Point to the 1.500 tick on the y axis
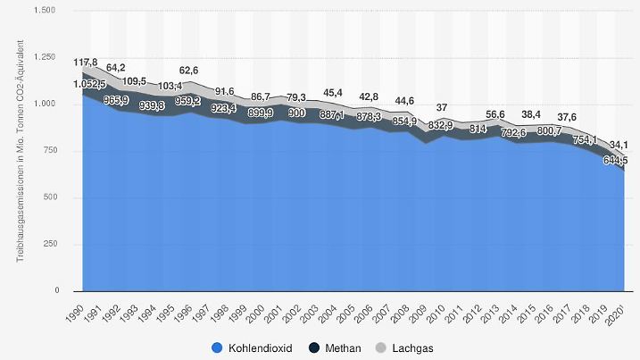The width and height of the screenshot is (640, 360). click(44, 11)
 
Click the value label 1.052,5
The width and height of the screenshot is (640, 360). click(90, 85)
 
